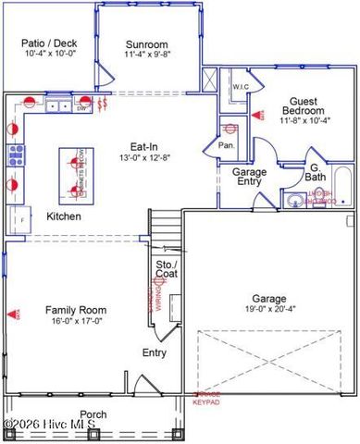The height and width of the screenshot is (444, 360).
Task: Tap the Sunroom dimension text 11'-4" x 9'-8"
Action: click(147, 55)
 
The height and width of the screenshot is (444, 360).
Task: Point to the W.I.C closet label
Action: click(241, 87)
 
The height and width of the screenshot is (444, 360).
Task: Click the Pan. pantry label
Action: click(225, 144)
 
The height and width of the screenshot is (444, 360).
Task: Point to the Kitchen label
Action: click(64, 216)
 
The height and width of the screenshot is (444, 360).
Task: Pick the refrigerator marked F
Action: click(17, 220)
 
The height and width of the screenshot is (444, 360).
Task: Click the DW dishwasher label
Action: click(81, 108)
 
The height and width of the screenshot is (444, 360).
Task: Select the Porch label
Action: click(93, 413)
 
